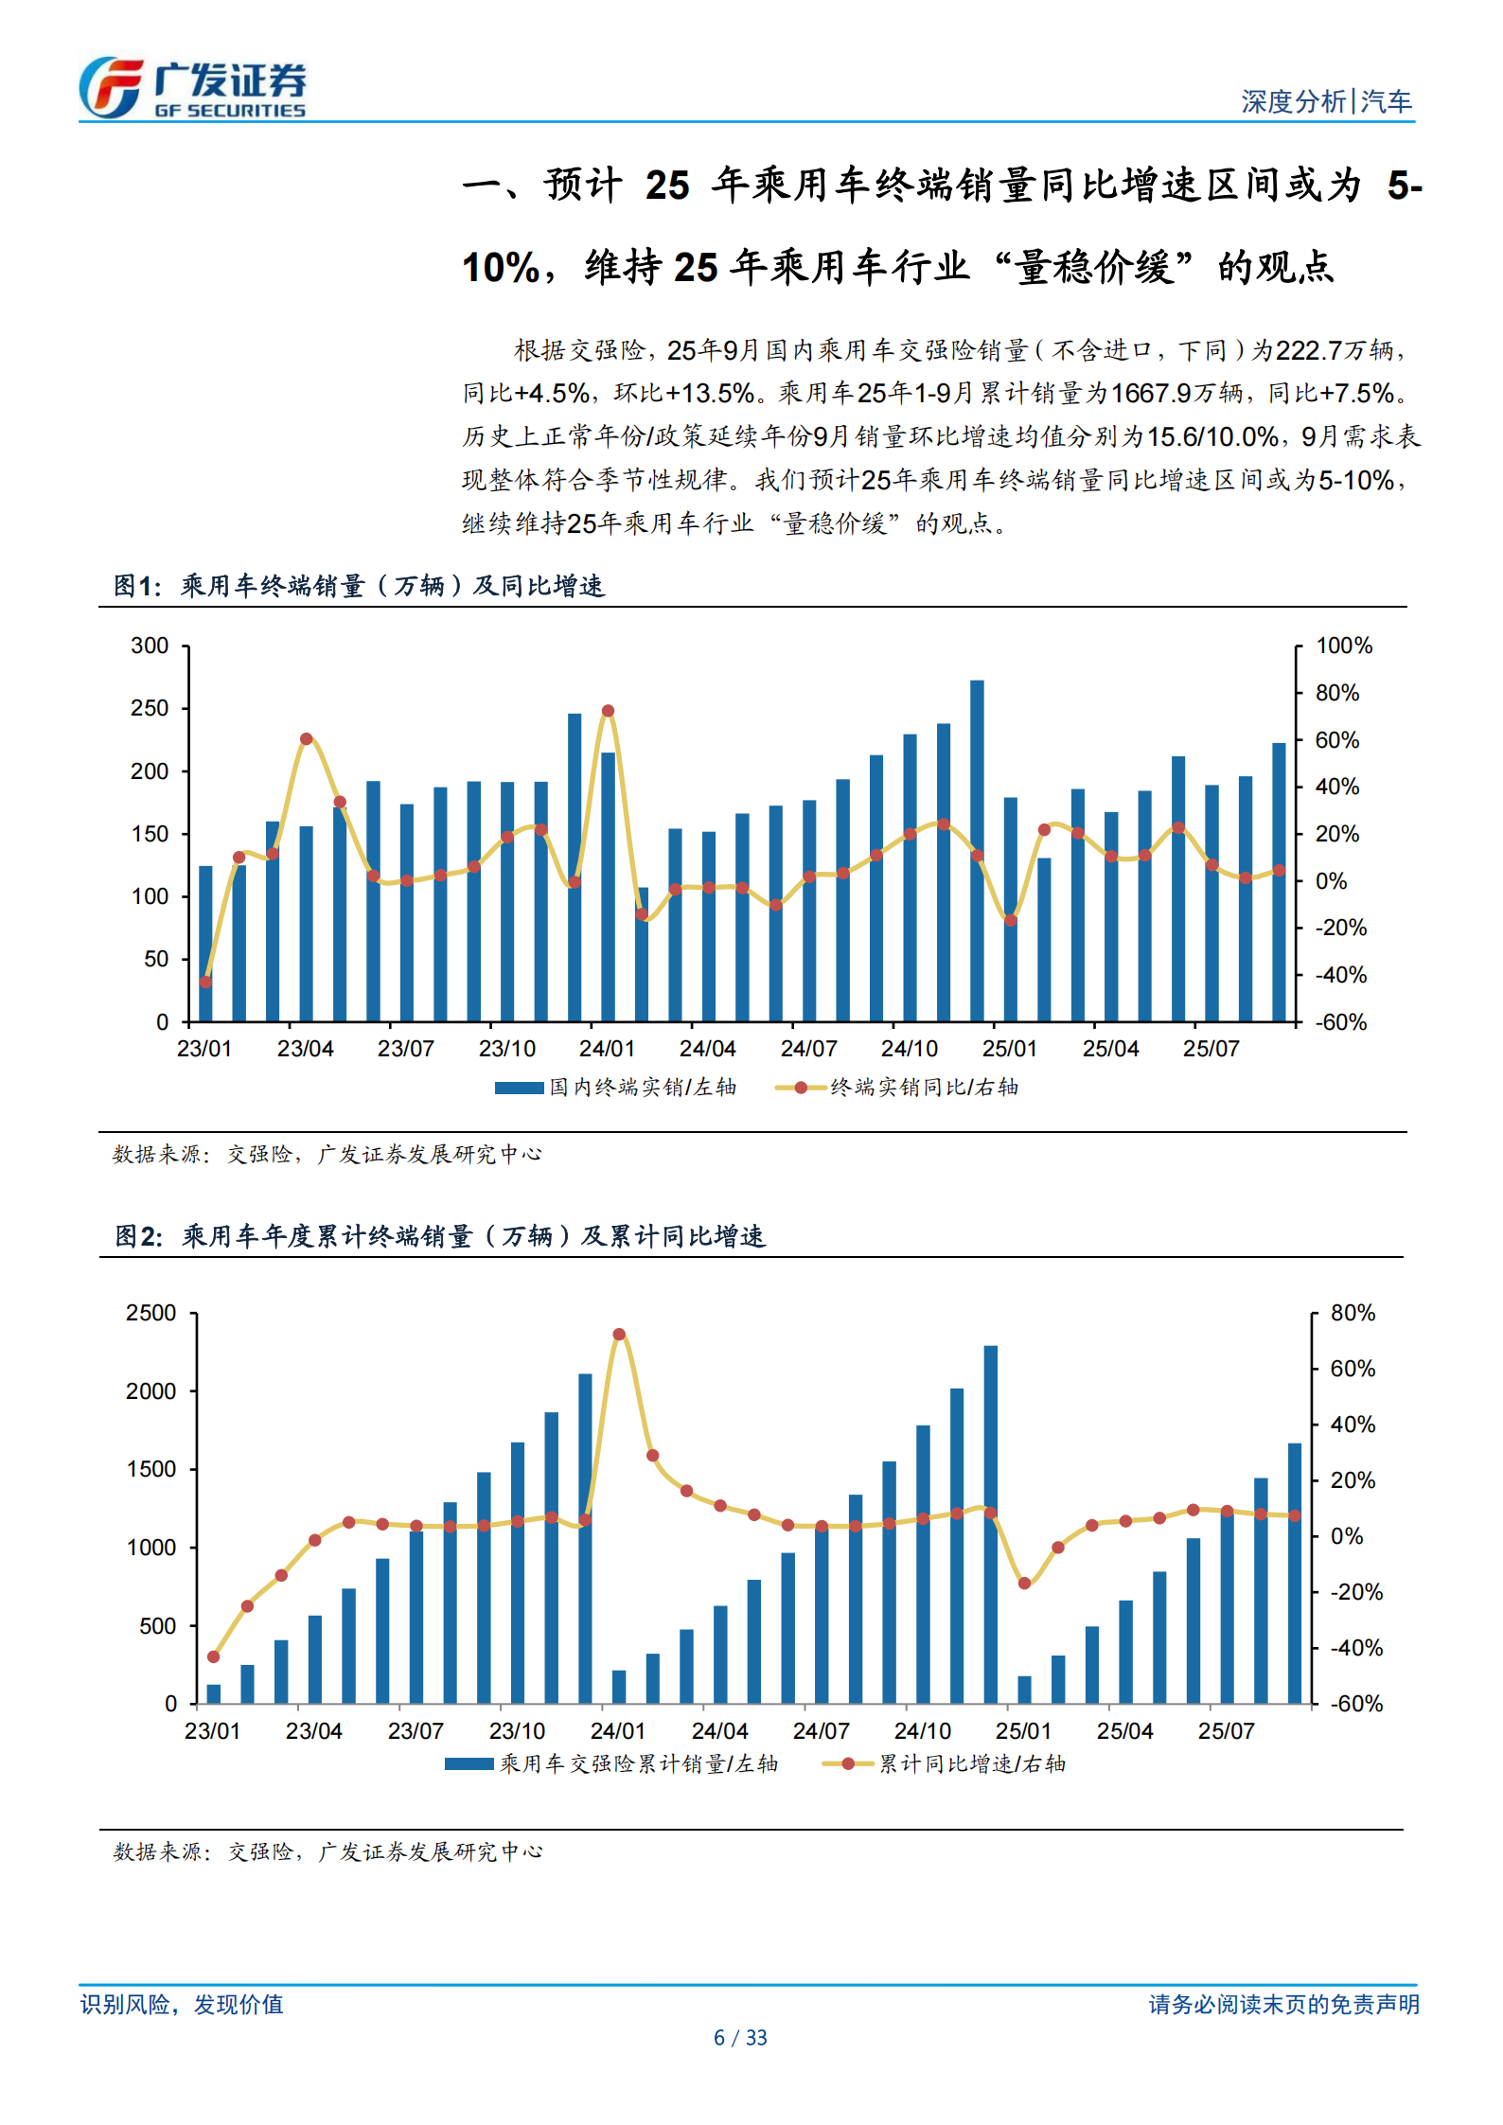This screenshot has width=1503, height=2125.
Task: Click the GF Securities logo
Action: tap(192, 87)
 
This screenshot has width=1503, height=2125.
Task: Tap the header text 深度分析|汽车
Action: tap(1325, 101)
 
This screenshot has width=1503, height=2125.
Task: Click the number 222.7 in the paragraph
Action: tap(1308, 350)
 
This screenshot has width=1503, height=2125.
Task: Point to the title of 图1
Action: tap(359, 586)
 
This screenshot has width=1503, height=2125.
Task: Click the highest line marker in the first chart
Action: tap(608, 711)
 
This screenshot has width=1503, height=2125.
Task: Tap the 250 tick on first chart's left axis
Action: tap(150, 708)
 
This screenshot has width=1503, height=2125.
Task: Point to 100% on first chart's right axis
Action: tap(1343, 646)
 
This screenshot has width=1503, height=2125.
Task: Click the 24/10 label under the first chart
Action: tap(909, 1049)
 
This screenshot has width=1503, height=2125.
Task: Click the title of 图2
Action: tap(440, 1236)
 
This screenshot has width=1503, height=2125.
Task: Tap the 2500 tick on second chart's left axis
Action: tap(150, 1313)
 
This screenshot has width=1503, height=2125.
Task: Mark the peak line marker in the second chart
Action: tap(619, 1335)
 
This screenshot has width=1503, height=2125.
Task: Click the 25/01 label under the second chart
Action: tap(1023, 1731)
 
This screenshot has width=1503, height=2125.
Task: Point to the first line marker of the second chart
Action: tap(213, 1656)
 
